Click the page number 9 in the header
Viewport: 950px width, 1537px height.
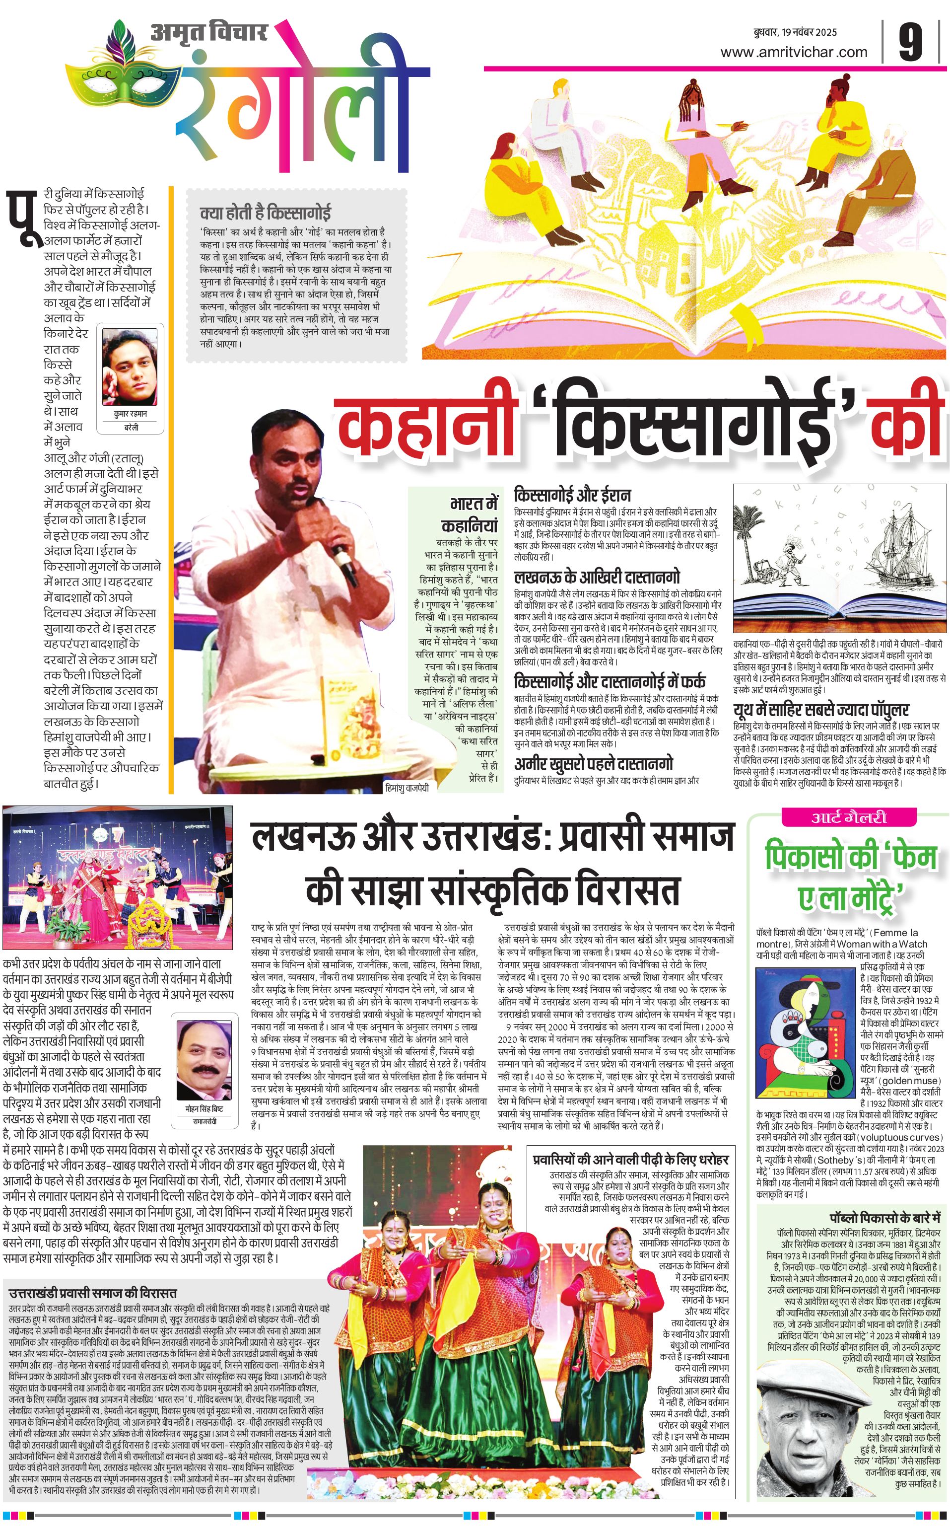click(910, 43)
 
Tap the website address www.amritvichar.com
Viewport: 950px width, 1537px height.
click(794, 52)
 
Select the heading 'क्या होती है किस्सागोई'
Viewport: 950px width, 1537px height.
click(265, 213)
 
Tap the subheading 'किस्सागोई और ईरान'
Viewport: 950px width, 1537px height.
click(572, 494)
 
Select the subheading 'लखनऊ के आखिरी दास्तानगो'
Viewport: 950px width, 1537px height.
click(597, 577)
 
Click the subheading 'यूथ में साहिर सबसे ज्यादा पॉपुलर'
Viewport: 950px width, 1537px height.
click(821, 710)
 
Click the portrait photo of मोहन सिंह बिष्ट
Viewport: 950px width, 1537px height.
click(200, 1060)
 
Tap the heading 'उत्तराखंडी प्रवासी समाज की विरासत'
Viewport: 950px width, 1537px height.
click(93, 1275)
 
